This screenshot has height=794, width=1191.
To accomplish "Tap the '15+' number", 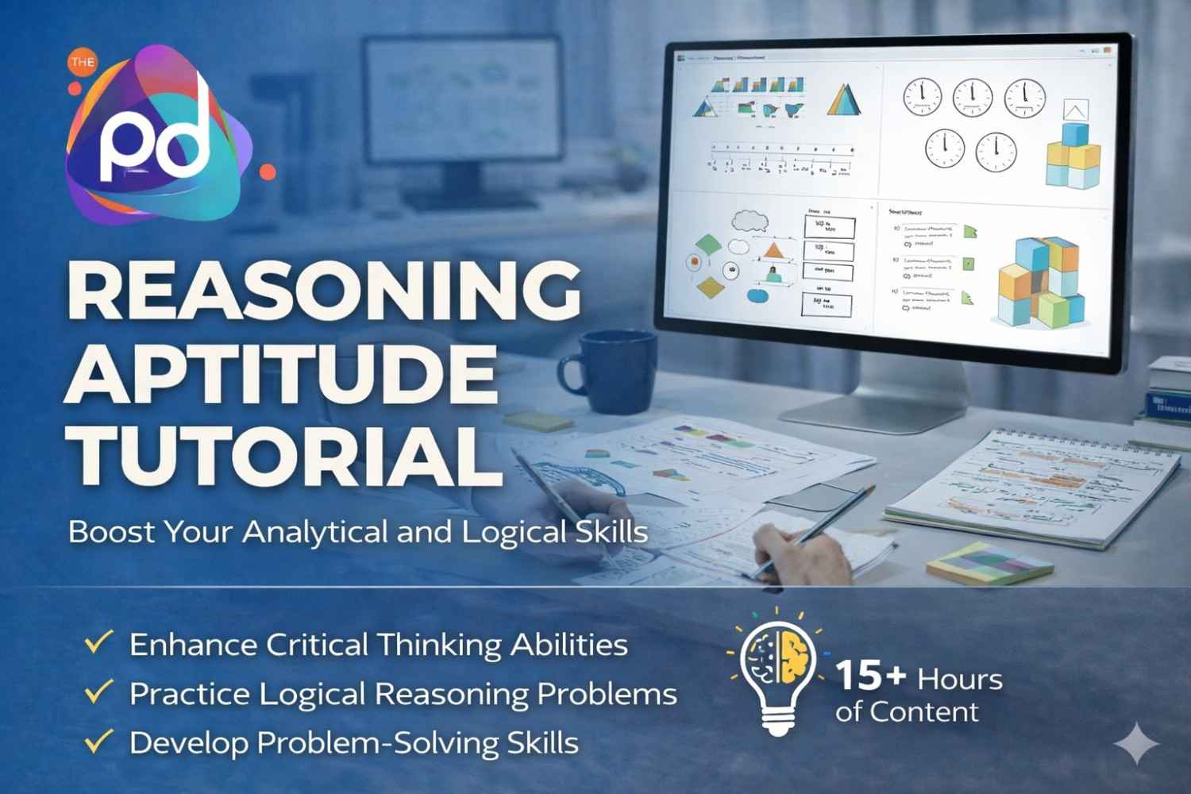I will click(870, 676).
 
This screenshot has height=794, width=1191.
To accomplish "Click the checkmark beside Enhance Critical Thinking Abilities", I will click(98, 642).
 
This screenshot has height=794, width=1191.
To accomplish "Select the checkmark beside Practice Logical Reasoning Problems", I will click(98, 692).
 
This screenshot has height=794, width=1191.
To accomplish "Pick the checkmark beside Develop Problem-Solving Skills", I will click(98, 742).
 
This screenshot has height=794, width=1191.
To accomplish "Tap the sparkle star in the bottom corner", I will click(1136, 743).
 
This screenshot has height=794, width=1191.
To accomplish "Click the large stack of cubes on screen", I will click(1039, 282).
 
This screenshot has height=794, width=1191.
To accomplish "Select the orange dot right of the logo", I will click(268, 171).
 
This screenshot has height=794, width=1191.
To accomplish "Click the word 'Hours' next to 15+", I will click(959, 680).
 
